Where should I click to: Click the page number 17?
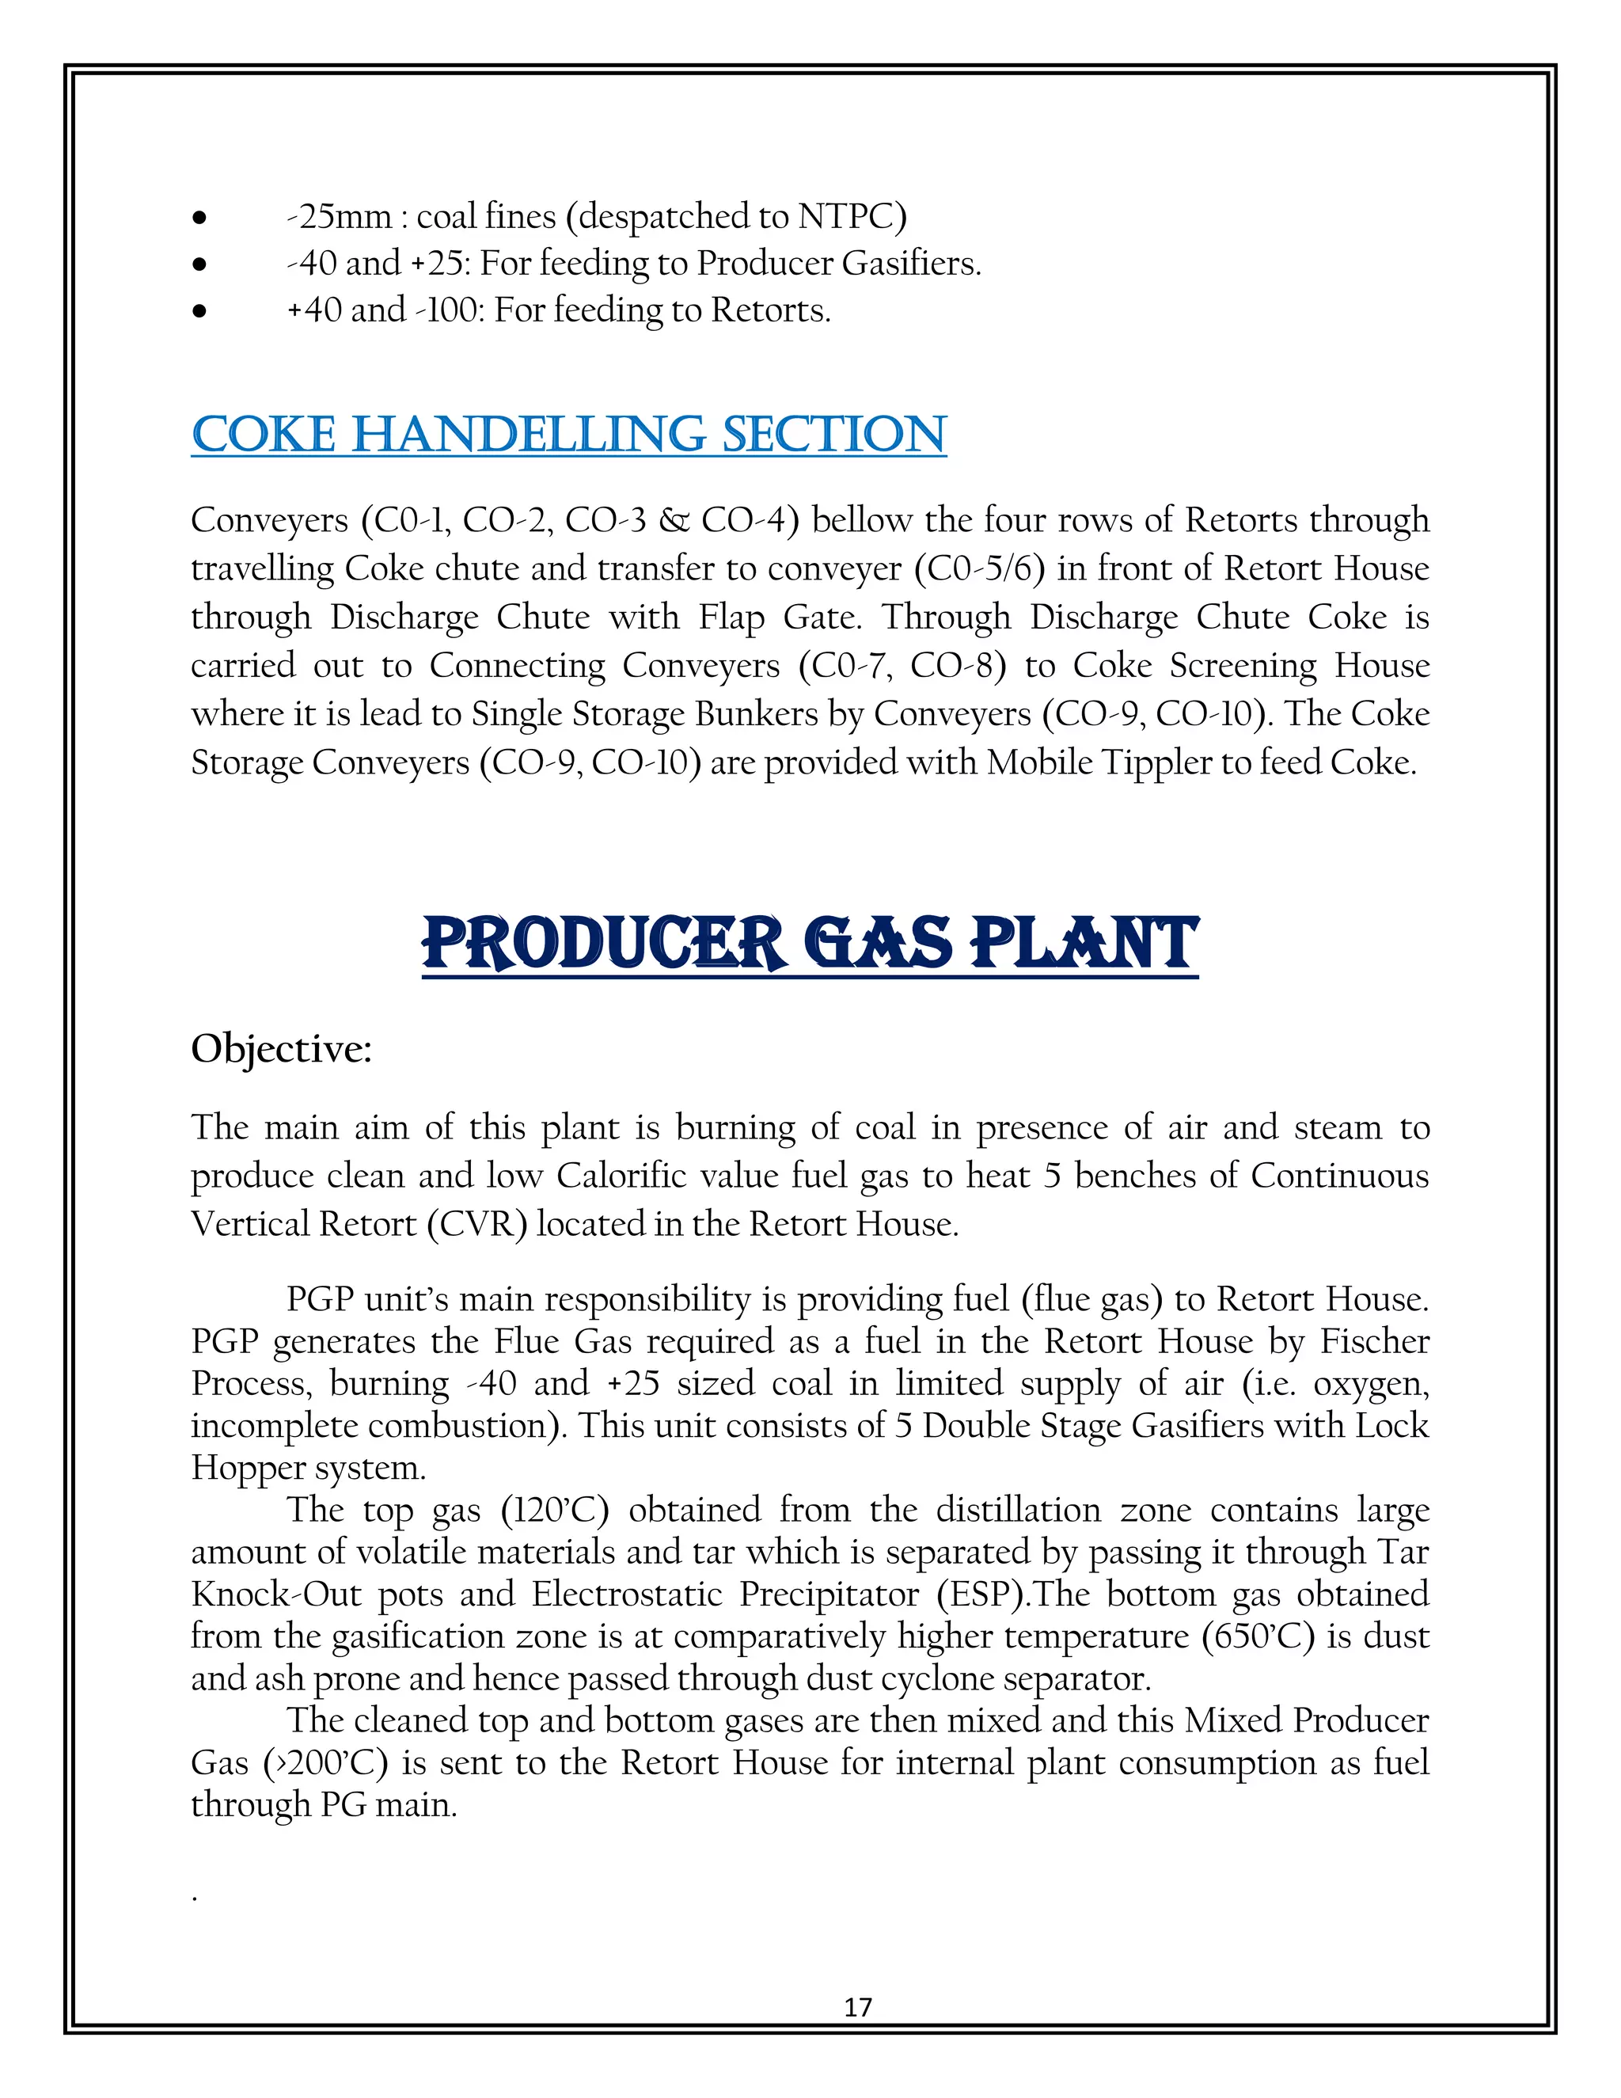[857, 2006]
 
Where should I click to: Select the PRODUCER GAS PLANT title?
[810, 944]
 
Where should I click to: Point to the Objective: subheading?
[281, 1049]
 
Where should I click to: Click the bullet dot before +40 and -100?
[199, 311]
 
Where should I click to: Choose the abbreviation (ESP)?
[985, 1594]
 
